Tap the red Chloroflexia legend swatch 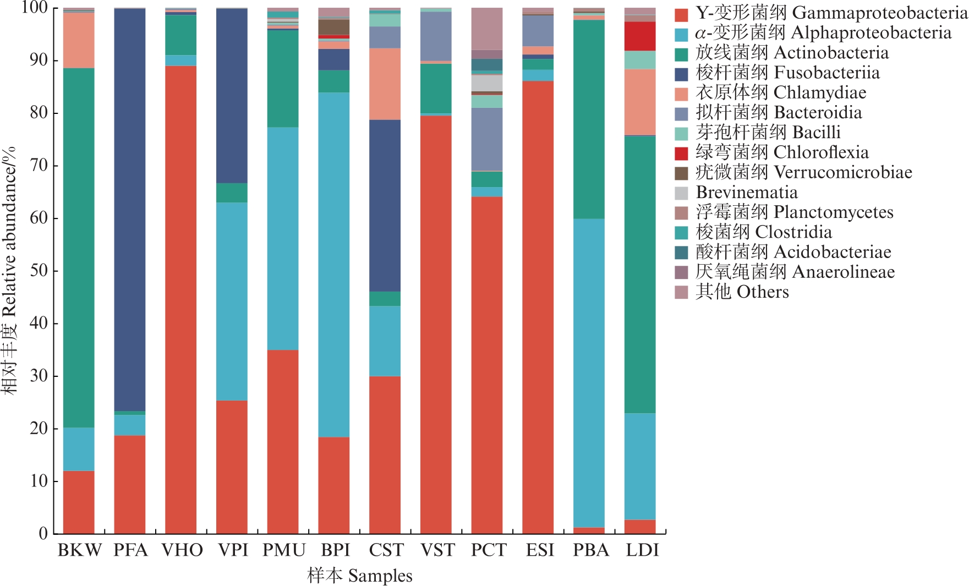(x=681, y=153)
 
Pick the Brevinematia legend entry (x=746, y=193)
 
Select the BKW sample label (x=79, y=550)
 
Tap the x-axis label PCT (x=488, y=550)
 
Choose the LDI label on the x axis (x=642, y=550)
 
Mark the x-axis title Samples (x=360, y=576)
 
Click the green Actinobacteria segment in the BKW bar (x=79, y=248)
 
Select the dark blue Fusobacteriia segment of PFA (x=130, y=209)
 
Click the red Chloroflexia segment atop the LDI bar (x=640, y=36)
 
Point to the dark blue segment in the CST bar (x=385, y=205)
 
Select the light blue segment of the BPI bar (x=334, y=265)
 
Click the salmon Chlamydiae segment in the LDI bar (x=640, y=102)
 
